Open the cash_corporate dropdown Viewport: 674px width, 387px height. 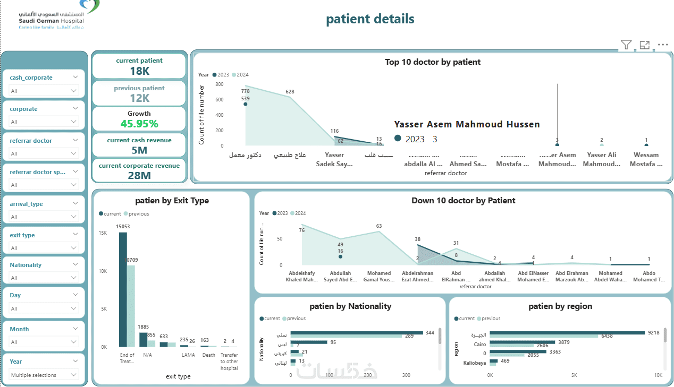pos(44,91)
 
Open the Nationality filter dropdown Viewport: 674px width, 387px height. pos(44,278)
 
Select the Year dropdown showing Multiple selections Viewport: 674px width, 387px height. pos(44,375)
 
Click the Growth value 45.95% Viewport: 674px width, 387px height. pos(139,124)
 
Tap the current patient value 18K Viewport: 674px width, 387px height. pos(139,71)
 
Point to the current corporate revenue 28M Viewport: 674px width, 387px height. pos(139,176)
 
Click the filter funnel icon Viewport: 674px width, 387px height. pos(626,45)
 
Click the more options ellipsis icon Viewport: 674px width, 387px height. pos(662,45)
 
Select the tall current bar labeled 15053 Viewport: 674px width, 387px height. pos(123,289)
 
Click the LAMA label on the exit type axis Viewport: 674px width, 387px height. pos(188,355)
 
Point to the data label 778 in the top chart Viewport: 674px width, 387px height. pos(245,91)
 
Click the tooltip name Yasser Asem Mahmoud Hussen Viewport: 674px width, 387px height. pos(467,124)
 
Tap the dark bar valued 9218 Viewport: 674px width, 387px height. pos(567,333)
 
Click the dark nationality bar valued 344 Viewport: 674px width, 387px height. pos(356,333)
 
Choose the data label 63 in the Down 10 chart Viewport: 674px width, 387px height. pos(378,226)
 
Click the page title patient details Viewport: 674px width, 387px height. pos(370,19)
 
